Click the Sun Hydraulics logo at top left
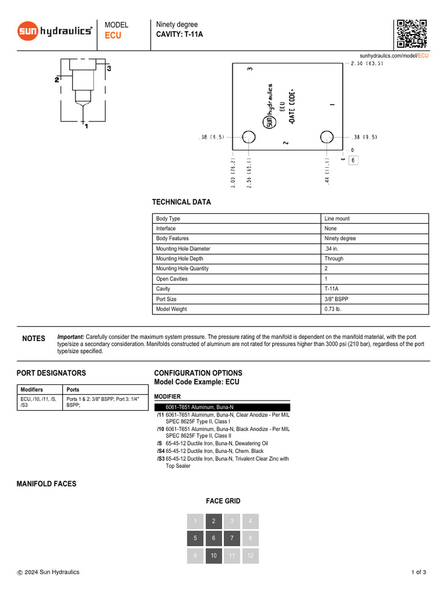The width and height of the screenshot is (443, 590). click(55, 31)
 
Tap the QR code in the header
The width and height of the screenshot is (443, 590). click(411, 33)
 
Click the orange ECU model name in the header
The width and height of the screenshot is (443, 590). click(113, 36)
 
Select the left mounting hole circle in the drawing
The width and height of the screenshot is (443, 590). click(249, 137)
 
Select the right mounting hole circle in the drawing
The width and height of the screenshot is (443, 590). click(326, 137)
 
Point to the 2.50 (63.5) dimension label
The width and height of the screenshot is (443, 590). click(367, 64)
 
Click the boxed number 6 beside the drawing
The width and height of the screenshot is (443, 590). click(352, 160)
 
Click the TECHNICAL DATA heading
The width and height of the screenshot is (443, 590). click(181, 202)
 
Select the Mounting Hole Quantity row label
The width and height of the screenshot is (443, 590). click(182, 269)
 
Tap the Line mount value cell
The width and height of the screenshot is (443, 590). click(337, 219)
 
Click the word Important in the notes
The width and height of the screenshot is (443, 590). click(70, 336)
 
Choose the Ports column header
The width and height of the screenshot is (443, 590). click(73, 390)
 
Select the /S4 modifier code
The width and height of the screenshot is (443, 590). click(160, 451)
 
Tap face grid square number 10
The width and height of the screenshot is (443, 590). click(213, 556)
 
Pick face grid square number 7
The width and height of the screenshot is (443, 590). click(232, 539)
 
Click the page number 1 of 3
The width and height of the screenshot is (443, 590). click(418, 572)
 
